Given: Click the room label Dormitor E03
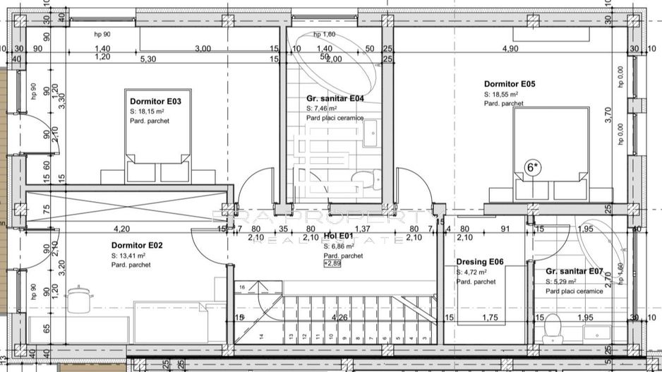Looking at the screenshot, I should (155, 102).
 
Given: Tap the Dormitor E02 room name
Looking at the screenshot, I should (137, 245).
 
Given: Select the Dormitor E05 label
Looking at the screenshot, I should (510, 84).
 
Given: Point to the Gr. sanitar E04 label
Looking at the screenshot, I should (335, 99).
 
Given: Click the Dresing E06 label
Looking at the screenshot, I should (479, 262).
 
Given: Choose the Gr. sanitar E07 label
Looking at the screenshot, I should (574, 271).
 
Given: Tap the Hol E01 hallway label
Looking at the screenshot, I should (338, 236).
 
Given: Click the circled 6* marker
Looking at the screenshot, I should (533, 168).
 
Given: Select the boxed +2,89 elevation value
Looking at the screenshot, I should (332, 263).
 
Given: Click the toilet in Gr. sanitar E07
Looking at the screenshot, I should (553, 325).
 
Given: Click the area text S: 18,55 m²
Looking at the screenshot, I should (501, 94).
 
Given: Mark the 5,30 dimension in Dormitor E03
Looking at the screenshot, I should (148, 60).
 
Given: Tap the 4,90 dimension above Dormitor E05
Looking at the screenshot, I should (510, 49).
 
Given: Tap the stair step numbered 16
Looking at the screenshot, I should (242, 288).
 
